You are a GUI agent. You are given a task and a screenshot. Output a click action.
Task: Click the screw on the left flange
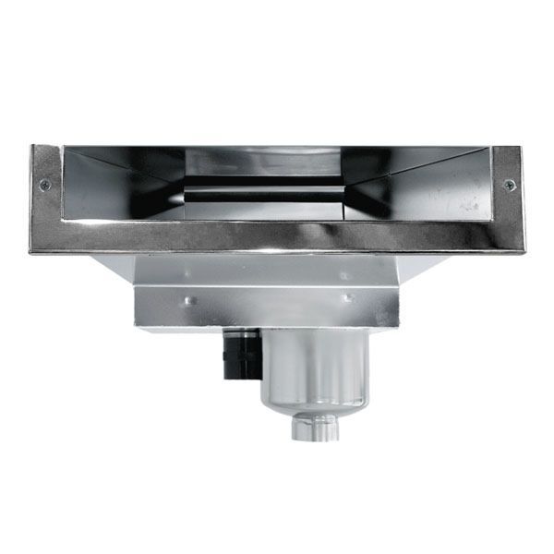(44, 185)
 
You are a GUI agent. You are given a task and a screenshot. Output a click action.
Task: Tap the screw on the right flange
(510, 185)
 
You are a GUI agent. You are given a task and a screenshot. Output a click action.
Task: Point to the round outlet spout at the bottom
(317, 428)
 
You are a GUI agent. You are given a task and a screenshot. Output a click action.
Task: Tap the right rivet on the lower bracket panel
(349, 298)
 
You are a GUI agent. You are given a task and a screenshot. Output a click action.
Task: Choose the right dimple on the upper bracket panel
(343, 274)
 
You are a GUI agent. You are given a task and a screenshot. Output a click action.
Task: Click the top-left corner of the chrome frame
(33, 149)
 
